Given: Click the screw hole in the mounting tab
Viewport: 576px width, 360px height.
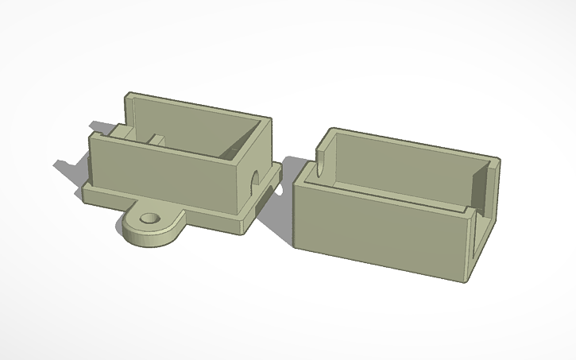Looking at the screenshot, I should (x=148, y=217).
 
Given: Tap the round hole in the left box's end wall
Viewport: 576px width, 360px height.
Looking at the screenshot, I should (x=256, y=176).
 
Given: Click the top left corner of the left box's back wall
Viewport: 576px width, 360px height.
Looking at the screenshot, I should (x=126, y=96).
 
